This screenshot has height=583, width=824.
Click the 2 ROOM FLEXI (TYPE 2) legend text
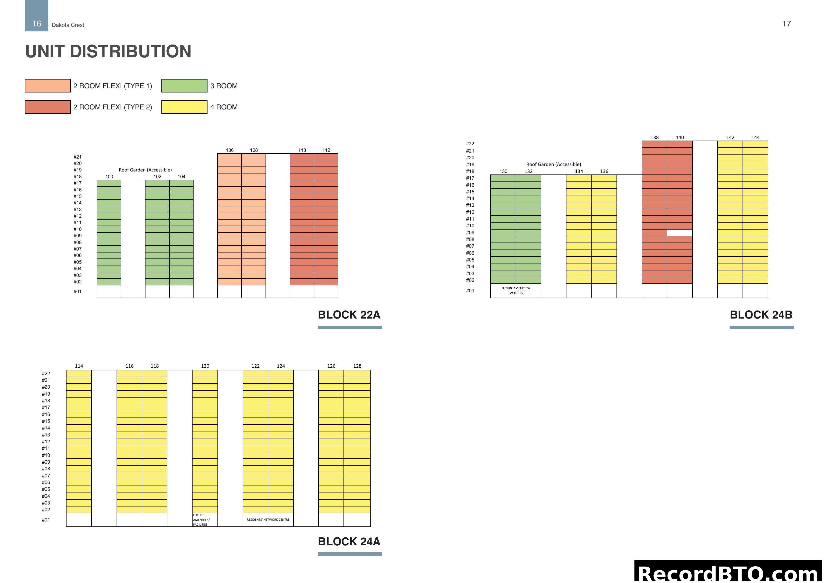pos(113,107)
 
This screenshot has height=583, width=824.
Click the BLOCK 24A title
pos(349,541)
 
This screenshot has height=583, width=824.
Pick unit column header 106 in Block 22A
pos(230,150)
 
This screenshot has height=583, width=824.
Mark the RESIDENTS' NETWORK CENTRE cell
pos(268,520)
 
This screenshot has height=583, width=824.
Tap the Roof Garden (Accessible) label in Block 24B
pos(553,165)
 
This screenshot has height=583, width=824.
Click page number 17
pos(786,24)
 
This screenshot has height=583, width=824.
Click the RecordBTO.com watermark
pos(729,573)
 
